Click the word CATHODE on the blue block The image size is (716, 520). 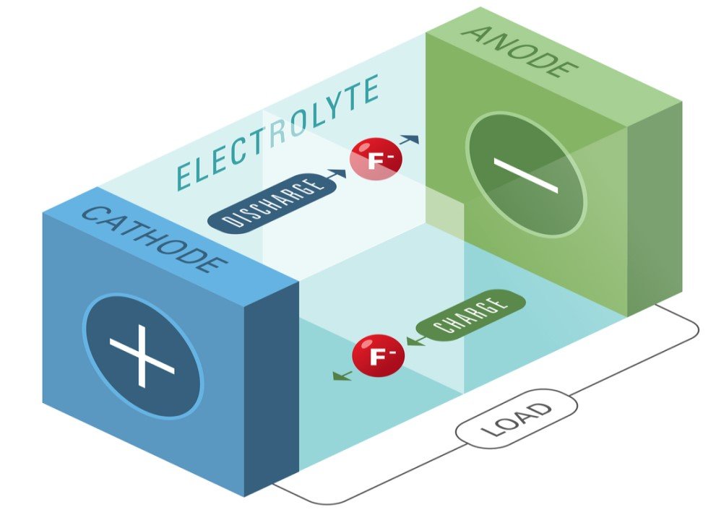click(x=154, y=240)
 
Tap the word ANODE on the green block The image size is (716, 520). click(x=520, y=51)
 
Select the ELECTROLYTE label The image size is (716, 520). click(x=277, y=132)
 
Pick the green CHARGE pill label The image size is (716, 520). click(x=471, y=316)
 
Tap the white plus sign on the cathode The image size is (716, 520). click(x=142, y=356)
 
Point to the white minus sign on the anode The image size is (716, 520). click(x=525, y=175)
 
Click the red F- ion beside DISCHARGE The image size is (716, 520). click(x=376, y=158)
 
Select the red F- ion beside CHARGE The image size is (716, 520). click(x=379, y=355)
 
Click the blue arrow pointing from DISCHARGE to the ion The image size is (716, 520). click(x=337, y=174)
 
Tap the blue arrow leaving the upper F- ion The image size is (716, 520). click(x=409, y=139)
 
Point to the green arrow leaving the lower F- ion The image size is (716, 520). click(x=343, y=376)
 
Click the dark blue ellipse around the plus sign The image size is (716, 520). click(x=142, y=355)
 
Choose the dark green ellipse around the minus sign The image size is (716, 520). click(x=525, y=175)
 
